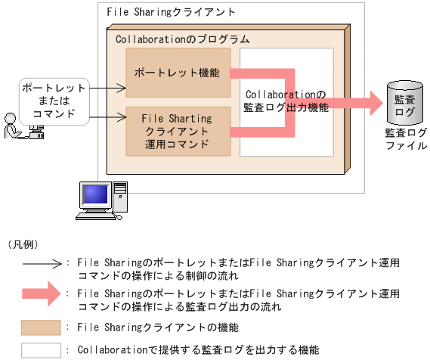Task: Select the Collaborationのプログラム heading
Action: [x=182, y=39]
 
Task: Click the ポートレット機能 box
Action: [x=178, y=73]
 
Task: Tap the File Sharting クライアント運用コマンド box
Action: [x=178, y=130]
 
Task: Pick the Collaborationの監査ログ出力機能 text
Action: [x=286, y=101]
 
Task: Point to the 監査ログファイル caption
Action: [x=400, y=139]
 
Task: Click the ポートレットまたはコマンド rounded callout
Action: [x=54, y=101]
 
